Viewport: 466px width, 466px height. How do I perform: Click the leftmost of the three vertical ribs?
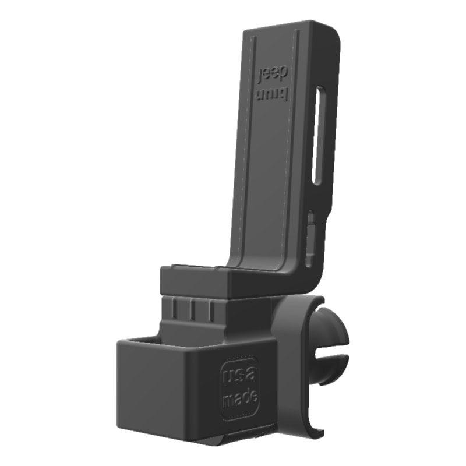click(176, 309)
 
